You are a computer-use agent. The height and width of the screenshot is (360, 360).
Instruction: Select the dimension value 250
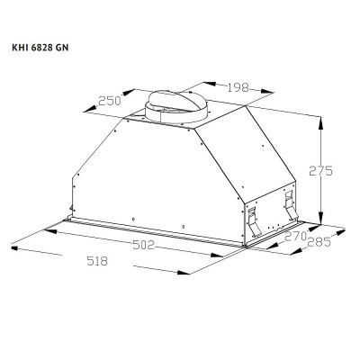[x=111, y=102]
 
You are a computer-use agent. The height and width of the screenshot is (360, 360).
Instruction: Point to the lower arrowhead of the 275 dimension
[x=322, y=222]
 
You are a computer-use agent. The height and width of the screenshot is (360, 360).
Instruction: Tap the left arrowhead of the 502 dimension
[x=50, y=226]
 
